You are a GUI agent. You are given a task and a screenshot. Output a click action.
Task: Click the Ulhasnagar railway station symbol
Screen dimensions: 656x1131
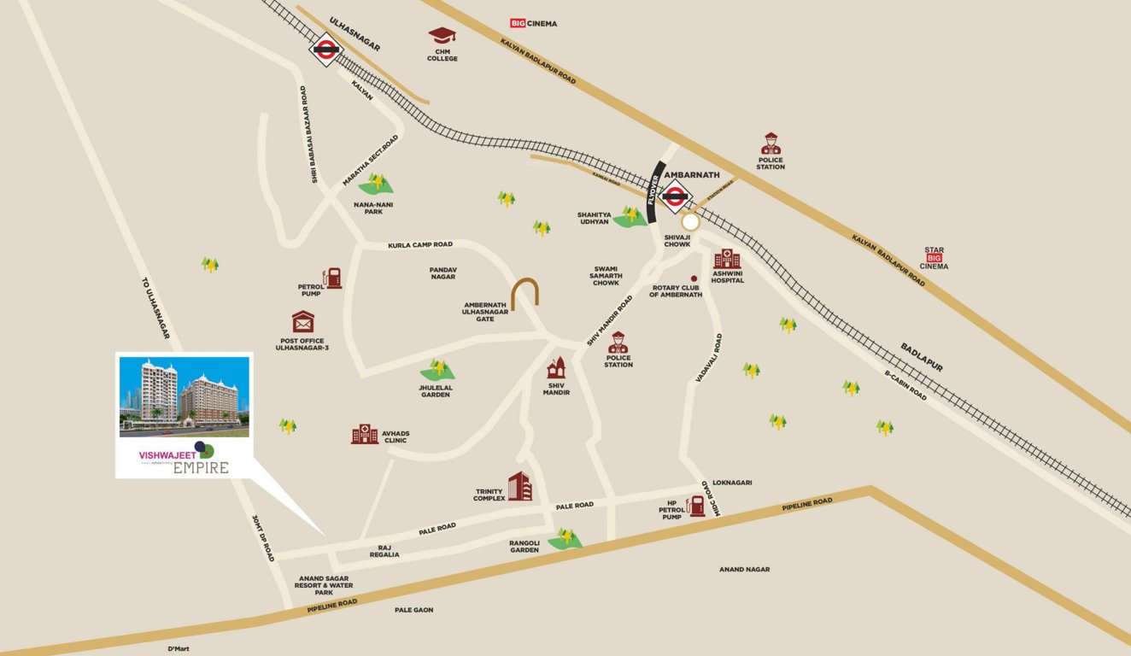pos(325,50)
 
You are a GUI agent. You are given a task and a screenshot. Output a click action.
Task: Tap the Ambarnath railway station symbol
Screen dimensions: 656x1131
pos(676,196)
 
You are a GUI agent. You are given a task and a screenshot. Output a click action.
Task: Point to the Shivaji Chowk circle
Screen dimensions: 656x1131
pos(690,222)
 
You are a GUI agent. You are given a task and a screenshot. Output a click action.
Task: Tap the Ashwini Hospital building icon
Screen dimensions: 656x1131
pos(726,259)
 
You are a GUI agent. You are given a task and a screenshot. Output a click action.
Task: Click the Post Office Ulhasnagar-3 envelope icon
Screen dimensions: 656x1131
pos(302,322)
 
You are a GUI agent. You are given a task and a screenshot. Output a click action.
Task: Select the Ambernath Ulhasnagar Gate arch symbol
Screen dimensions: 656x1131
pos(524,293)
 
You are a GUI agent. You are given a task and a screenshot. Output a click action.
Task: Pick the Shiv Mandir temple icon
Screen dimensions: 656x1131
pos(557,368)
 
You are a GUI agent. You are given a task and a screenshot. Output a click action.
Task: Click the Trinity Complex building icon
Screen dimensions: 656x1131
pos(519,487)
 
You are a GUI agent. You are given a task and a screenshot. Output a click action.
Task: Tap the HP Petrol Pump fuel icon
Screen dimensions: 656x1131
pos(697,505)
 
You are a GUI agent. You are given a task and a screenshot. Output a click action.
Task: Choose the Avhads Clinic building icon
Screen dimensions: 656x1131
pos(365,434)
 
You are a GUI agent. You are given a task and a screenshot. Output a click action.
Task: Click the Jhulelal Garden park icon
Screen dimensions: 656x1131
pos(437,370)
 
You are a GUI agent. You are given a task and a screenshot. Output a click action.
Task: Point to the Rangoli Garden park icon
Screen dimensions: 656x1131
pos(564,538)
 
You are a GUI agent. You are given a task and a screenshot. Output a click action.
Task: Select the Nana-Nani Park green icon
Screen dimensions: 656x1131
pos(375,183)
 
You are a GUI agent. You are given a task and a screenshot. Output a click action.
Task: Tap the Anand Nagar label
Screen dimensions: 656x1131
pos(744,569)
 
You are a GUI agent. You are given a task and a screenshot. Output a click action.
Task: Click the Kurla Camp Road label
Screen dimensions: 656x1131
pos(419,244)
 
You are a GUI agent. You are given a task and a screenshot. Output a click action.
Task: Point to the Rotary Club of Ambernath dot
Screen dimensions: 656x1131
pos(694,279)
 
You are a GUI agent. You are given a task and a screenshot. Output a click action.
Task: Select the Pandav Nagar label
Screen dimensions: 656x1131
pos(443,272)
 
